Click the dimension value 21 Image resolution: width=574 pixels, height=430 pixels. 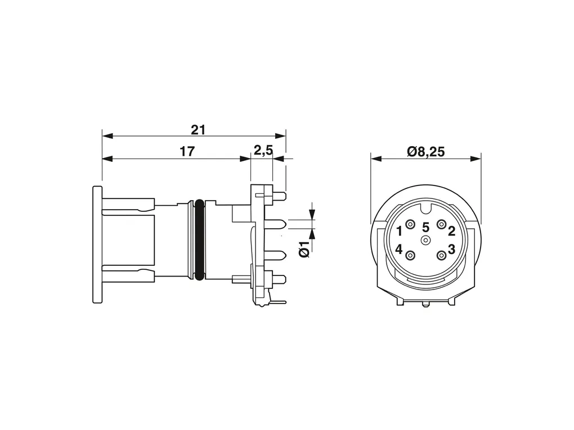pyautogui.click(x=198, y=130)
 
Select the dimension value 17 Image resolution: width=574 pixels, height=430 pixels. pyautogui.click(x=187, y=151)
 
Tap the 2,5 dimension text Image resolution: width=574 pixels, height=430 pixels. pyautogui.click(x=263, y=150)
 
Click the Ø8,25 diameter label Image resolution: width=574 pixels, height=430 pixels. pyautogui.click(x=426, y=151)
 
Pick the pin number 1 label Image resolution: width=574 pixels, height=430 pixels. pyautogui.click(x=400, y=231)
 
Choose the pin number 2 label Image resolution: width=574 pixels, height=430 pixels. pyautogui.click(x=452, y=231)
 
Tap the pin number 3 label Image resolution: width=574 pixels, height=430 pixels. pyautogui.click(x=452, y=250)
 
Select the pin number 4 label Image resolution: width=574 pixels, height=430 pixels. pyautogui.click(x=399, y=250)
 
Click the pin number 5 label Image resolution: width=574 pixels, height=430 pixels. pyautogui.click(x=425, y=228)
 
